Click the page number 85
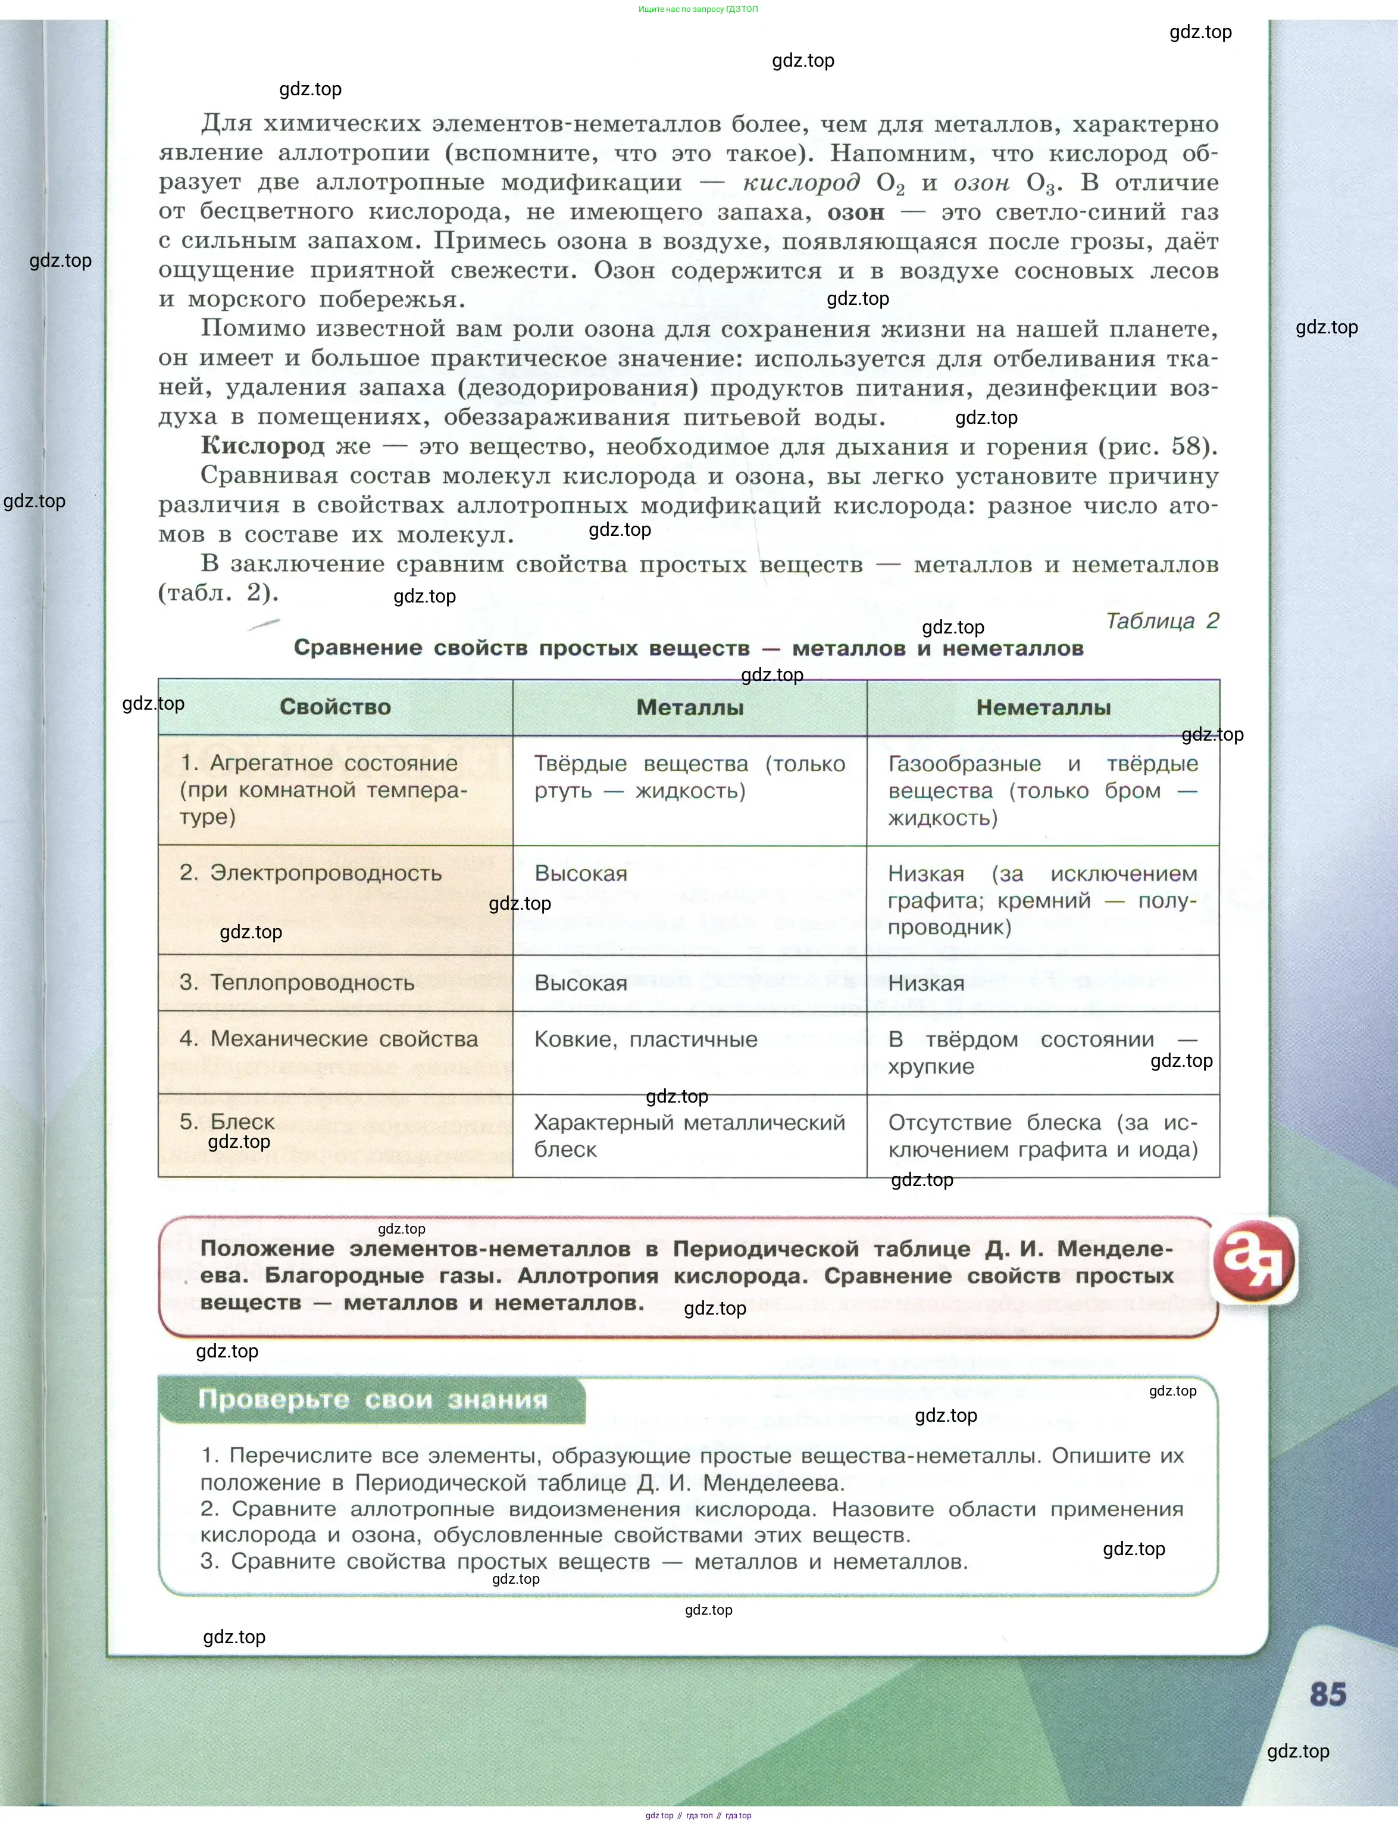[x=1327, y=1694]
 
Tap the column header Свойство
[x=334, y=707]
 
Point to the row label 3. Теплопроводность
[x=296, y=983]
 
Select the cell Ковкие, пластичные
[x=646, y=1040]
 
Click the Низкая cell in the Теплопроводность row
[x=926, y=984]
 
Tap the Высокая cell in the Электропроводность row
[x=581, y=874]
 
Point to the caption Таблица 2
[x=1162, y=621]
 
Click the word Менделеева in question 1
[x=773, y=1483]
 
